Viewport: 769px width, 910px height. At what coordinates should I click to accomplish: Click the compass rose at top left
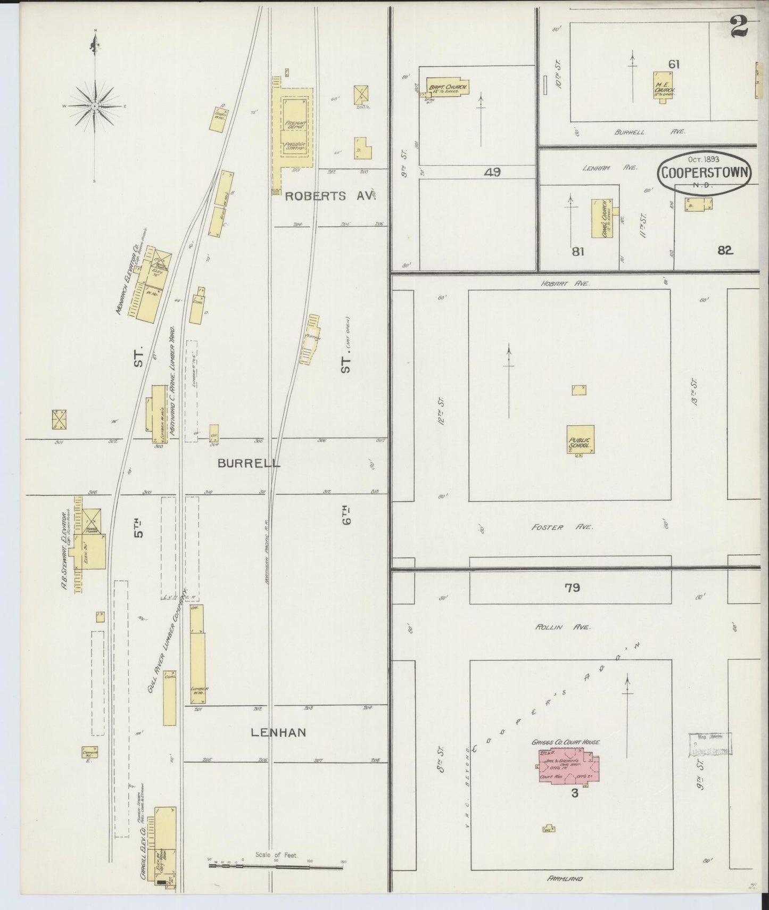[x=95, y=106]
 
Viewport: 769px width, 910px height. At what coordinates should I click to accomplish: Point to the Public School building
[x=580, y=439]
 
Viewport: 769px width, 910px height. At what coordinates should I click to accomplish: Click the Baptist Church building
[x=448, y=88]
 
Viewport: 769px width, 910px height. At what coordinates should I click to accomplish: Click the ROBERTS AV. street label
[x=330, y=196]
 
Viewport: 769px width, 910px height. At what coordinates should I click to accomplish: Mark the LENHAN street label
[x=278, y=732]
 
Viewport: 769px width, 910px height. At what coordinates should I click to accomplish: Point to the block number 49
[x=492, y=172]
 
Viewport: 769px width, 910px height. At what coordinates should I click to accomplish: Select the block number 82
[x=725, y=250]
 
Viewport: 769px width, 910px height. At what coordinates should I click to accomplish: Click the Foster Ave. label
[x=561, y=527]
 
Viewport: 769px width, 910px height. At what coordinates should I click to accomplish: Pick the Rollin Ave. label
[x=563, y=627]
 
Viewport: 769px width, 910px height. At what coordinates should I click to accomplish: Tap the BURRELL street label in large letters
[x=249, y=463]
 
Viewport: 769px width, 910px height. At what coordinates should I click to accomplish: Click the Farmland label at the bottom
[x=564, y=879]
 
